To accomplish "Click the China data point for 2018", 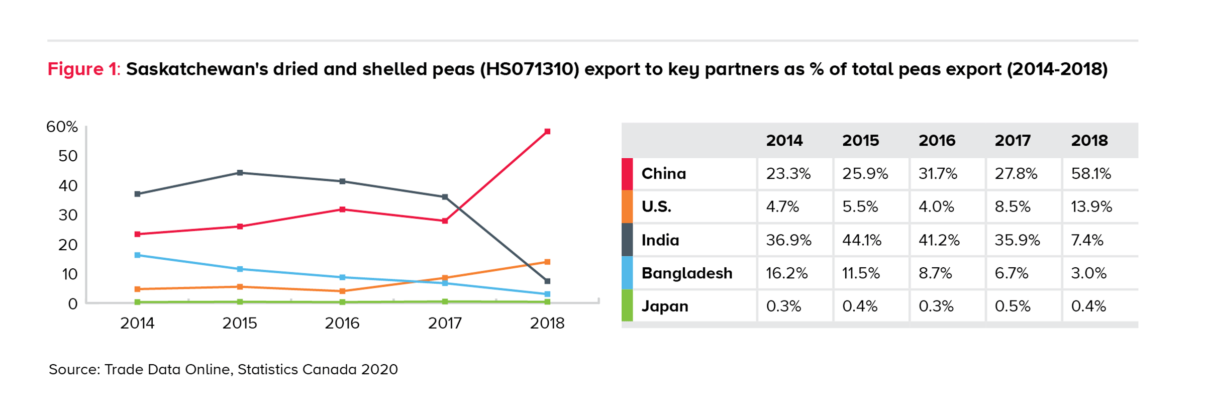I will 547,132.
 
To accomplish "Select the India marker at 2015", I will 240,173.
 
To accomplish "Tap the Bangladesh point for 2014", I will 137,255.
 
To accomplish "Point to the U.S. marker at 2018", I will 547,262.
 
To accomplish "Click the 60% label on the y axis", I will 62,127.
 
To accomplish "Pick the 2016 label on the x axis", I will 342,323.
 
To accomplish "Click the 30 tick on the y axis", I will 68,215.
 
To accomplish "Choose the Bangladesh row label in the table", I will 686,273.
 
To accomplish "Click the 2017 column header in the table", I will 1013,140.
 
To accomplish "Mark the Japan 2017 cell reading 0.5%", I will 1013,306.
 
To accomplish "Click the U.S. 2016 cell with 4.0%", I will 936,207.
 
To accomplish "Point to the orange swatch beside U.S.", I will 627,206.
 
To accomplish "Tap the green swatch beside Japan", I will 627,306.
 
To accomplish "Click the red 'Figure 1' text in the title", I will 82,69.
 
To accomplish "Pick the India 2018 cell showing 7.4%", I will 1087,240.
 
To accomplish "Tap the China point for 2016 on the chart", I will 342,209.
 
